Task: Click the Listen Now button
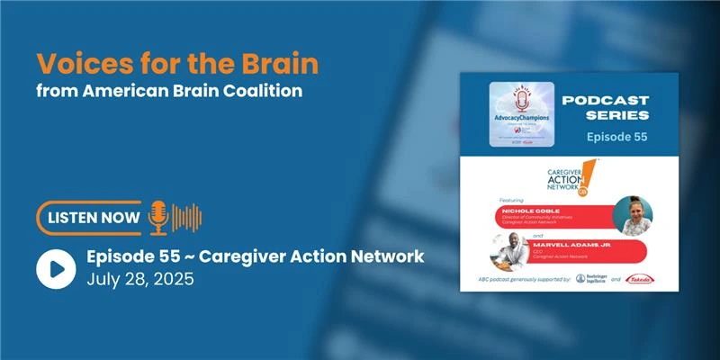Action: tap(91, 217)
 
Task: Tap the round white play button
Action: tap(56, 267)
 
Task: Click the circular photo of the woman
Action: tap(632, 215)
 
